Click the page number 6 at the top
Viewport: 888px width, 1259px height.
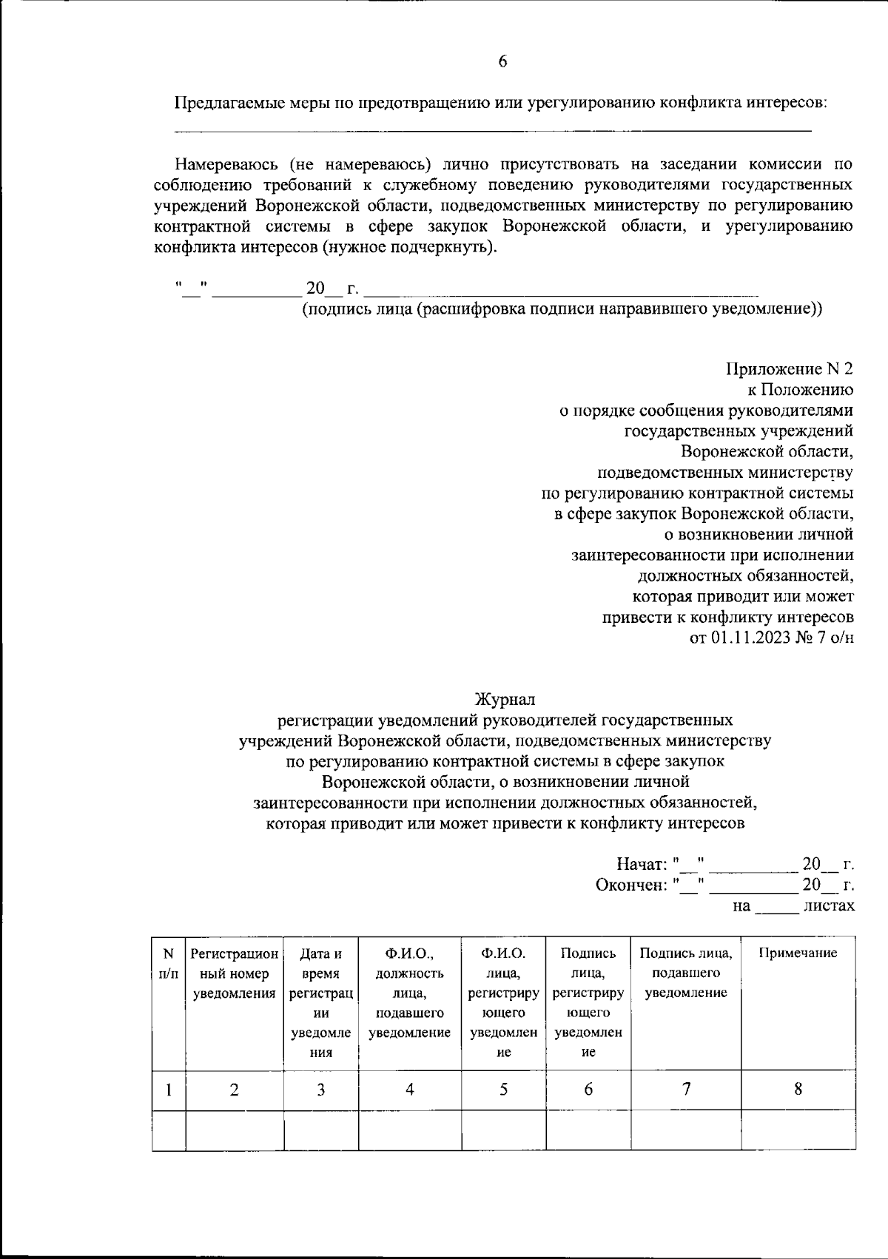point(502,62)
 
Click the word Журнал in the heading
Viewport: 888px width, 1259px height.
point(505,698)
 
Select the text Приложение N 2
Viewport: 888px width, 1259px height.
point(790,368)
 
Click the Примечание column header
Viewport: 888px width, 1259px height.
point(798,953)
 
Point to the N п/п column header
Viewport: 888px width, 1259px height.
point(169,963)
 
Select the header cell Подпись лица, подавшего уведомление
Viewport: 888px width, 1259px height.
point(686,973)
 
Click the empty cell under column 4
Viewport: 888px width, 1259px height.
point(409,1130)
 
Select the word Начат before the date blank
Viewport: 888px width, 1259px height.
point(641,864)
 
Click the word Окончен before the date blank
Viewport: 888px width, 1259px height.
point(631,885)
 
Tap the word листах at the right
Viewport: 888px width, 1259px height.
point(829,905)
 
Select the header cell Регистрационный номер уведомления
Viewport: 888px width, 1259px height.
point(235,973)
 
